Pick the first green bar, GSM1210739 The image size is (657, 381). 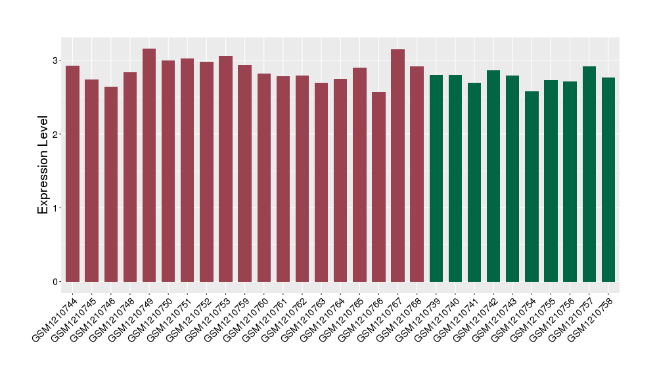point(436,178)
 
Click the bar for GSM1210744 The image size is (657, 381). point(72,173)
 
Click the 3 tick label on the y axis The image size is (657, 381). point(56,60)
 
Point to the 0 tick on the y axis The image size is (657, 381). point(56,282)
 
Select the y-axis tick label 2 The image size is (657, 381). point(56,135)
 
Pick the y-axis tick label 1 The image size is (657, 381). point(56,208)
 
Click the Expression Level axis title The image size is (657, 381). point(43,164)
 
